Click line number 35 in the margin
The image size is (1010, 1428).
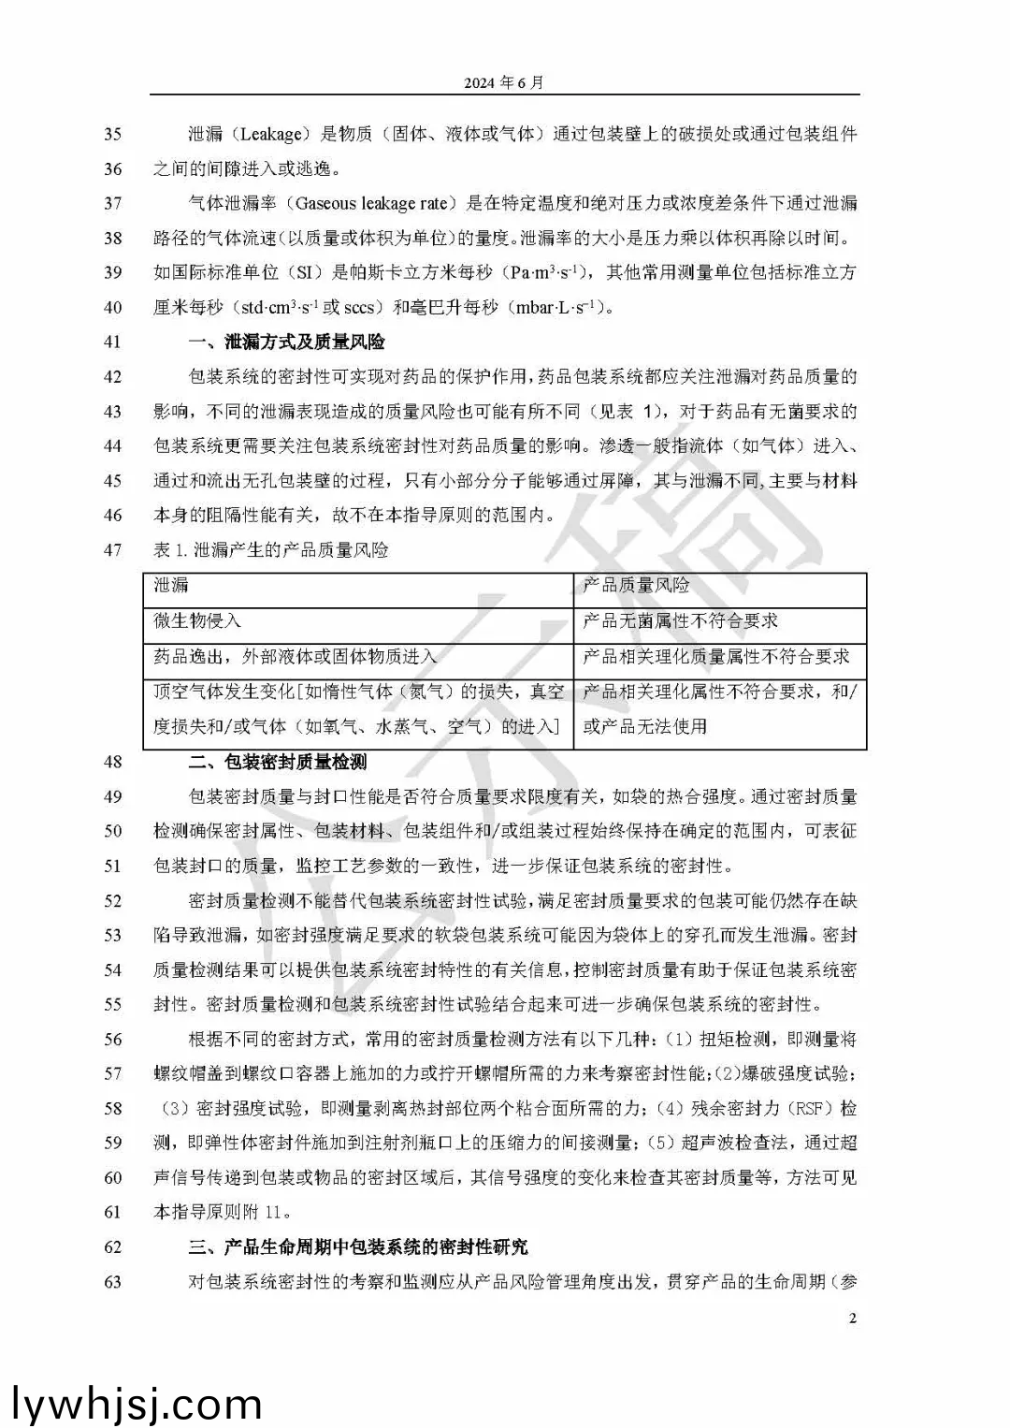(112, 134)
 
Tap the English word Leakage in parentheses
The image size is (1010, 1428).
(271, 134)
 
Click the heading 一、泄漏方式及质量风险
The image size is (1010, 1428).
(286, 342)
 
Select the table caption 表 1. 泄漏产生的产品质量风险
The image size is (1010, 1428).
(270, 549)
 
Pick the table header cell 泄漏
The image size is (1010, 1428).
(171, 585)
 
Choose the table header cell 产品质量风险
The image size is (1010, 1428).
(636, 585)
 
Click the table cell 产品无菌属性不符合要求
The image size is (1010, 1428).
(680, 620)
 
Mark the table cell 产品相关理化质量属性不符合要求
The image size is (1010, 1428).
(715, 656)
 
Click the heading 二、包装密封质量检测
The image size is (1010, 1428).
(278, 762)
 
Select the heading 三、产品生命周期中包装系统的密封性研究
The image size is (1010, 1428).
(358, 1246)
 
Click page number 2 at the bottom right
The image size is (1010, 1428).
(852, 1319)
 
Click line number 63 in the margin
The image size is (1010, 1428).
(112, 1281)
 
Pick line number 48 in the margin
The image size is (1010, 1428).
(112, 762)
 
